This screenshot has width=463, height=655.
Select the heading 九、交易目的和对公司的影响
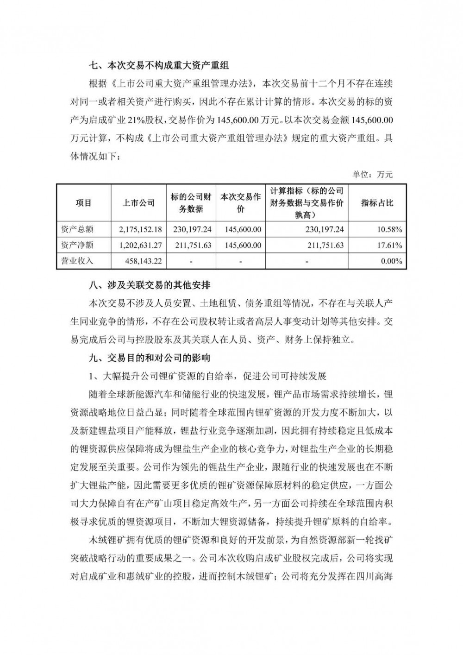149,358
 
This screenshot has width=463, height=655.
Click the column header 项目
84,203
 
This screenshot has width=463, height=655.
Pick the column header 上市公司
138,203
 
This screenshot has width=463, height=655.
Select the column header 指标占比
377,203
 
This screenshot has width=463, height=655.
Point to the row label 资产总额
77,229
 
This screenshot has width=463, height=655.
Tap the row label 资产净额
77,245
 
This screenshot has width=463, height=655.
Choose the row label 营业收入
77,261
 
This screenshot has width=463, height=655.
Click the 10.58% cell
391,229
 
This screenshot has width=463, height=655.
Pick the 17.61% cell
391,245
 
